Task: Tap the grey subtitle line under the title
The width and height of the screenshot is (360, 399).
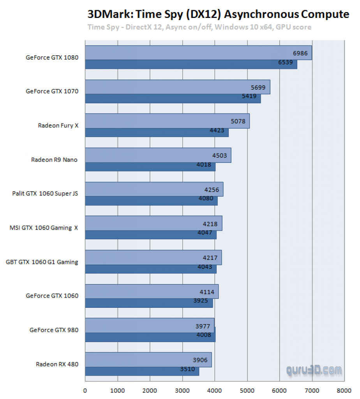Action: click(x=199, y=27)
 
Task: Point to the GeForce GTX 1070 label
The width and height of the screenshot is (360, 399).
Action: click(x=52, y=92)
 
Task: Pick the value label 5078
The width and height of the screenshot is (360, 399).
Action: click(x=238, y=121)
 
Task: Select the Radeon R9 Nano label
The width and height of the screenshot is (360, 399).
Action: click(x=54, y=159)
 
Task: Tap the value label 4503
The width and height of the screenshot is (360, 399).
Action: click(x=219, y=155)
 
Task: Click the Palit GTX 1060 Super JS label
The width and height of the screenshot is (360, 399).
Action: click(x=45, y=193)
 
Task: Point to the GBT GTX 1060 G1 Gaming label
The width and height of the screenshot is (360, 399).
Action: click(x=42, y=262)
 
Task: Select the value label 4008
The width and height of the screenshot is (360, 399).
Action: click(x=204, y=334)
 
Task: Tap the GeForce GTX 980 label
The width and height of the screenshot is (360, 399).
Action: click(x=54, y=330)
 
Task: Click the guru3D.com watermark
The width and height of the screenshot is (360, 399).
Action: click(x=314, y=370)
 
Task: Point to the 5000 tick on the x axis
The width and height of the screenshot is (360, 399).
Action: click(x=247, y=390)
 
